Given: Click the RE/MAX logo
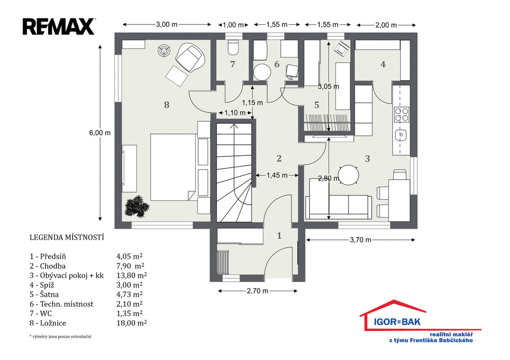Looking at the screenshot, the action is (59, 26).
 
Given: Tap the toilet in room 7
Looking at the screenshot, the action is (233, 47).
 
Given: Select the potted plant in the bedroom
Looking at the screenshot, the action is (136, 206).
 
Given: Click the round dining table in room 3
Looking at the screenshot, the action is (348, 175).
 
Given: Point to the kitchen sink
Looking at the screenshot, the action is (401, 134).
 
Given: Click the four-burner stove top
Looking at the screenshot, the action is (401, 114).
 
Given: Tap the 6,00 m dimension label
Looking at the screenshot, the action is (100, 132).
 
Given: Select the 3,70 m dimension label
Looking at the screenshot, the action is (360, 240).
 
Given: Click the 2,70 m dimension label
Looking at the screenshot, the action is (257, 291).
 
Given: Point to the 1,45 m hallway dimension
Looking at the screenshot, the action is (277, 175).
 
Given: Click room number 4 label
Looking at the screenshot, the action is (383, 64).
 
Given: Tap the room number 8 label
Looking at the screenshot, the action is (166, 105).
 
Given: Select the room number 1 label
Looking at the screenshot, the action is (279, 236).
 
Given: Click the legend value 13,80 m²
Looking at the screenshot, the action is (131, 275).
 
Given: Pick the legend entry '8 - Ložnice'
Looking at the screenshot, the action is (48, 323).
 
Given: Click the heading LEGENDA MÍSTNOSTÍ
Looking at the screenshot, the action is (67, 238).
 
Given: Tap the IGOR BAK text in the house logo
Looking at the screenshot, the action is (397, 322).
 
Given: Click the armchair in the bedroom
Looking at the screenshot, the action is (190, 58).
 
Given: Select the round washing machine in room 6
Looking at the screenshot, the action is (262, 72).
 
